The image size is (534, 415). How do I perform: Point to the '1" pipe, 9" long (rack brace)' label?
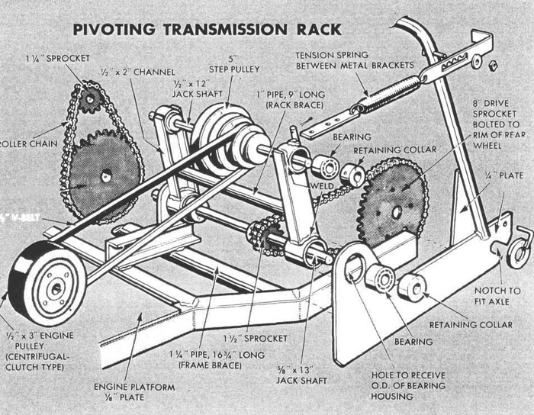tap(278, 103)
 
